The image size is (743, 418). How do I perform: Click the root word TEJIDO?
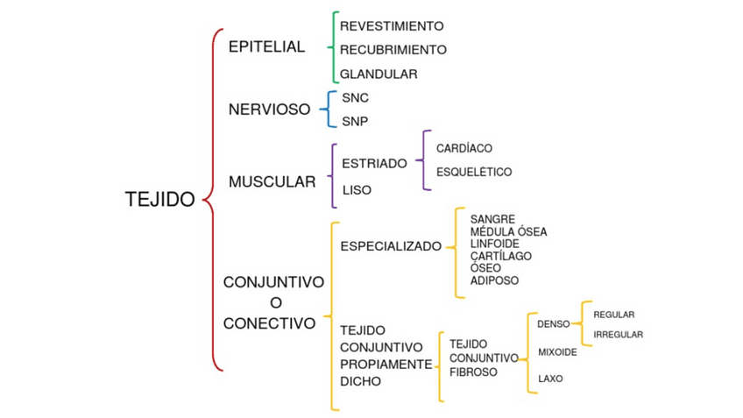159,200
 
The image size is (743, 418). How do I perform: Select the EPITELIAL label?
266,47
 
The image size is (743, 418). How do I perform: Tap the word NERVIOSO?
269,110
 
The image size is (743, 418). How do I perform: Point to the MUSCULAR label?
272,182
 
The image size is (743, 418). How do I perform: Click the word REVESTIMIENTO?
392,26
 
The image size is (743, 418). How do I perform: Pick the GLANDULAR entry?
379,74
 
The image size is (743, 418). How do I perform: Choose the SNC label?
355,98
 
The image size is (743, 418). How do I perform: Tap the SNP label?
355,121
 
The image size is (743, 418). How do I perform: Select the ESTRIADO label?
374,163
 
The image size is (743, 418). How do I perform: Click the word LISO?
357,189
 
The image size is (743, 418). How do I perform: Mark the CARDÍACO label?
464,149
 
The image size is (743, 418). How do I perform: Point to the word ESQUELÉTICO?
474,173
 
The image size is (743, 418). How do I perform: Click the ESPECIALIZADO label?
391,246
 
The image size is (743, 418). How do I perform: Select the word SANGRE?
492,219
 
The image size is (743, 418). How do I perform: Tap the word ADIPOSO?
494,280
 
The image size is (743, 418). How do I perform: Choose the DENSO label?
553,324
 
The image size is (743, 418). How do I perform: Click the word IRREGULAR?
618,335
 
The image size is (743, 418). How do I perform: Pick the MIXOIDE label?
557,352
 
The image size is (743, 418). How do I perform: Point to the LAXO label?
550,379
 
